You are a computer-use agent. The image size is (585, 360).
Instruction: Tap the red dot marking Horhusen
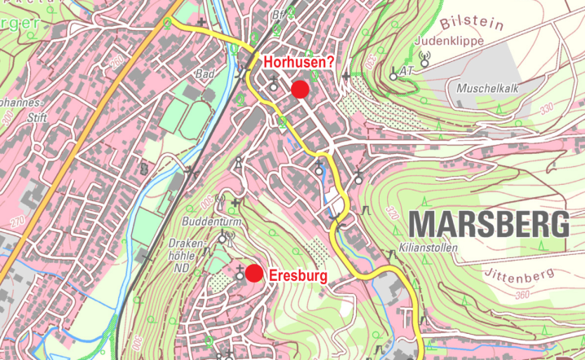point(300,89)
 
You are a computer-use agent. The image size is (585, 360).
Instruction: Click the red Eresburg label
point(298,276)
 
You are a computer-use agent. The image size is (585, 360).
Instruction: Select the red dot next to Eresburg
point(254,273)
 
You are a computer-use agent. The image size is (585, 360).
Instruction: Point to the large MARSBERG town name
point(488,223)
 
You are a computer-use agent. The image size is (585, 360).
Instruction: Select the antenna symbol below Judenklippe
point(424,58)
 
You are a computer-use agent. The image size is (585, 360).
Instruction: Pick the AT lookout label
point(407,72)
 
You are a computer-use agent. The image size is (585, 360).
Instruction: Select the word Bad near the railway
point(204,74)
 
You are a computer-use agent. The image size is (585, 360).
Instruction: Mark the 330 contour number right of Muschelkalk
point(545,108)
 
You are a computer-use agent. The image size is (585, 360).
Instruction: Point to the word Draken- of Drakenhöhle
point(185,243)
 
